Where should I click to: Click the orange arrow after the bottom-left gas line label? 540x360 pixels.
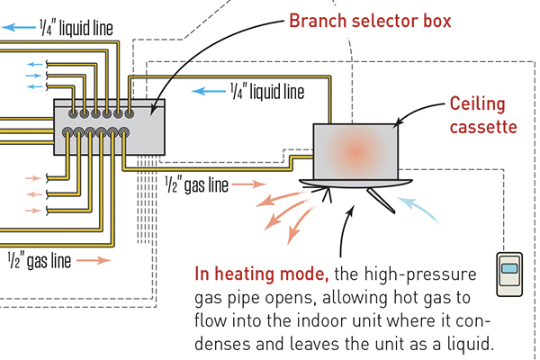click(x=94, y=261)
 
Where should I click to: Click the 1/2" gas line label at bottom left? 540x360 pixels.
click(x=40, y=261)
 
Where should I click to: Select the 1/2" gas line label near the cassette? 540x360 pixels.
click(x=194, y=186)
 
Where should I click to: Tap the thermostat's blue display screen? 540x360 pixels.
click(x=510, y=269)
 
